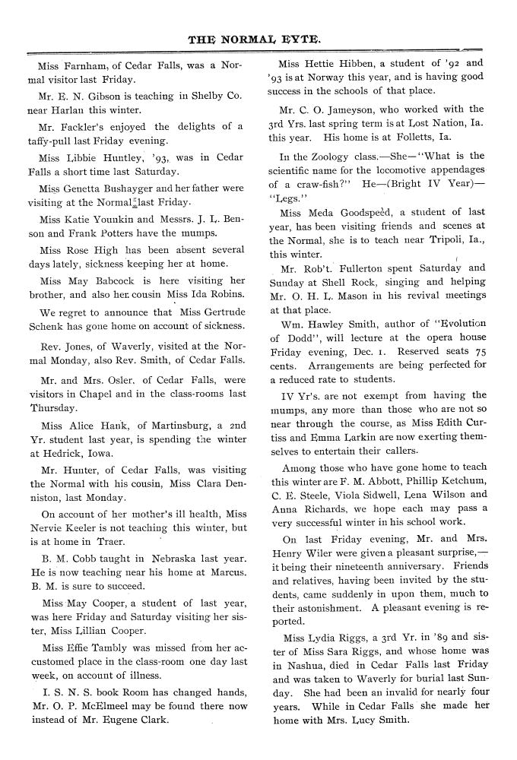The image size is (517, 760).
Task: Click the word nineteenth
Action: [363, 567]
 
